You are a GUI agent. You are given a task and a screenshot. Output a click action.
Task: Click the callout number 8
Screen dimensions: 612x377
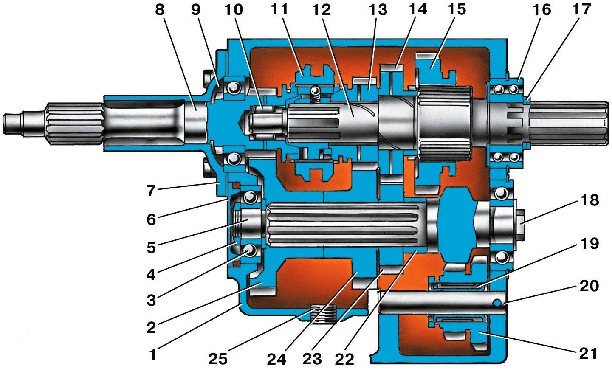[160, 10]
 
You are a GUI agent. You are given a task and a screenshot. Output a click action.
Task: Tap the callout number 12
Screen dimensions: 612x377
[322, 10]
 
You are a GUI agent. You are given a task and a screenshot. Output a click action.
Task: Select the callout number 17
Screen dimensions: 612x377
[582, 10]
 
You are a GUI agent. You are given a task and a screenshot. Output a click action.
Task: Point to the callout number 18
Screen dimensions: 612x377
[589, 200]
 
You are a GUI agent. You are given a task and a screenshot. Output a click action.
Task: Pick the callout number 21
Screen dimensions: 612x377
[589, 354]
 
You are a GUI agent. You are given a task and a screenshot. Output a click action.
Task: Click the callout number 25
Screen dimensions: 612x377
[218, 359]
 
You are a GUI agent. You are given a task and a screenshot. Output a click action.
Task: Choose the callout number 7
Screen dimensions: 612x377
[151, 191]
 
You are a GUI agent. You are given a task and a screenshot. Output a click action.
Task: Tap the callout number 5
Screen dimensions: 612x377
[151, 248]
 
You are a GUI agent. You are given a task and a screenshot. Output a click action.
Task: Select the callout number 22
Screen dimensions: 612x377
[344, 359]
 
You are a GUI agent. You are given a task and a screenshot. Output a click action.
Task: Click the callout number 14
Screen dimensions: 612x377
[418, 10]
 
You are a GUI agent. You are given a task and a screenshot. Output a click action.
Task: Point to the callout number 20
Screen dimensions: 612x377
[589, 286]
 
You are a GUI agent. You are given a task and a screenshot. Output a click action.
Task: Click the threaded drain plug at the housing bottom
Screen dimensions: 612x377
[323, 314]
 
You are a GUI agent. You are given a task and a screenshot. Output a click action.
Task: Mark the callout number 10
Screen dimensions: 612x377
[234, 10]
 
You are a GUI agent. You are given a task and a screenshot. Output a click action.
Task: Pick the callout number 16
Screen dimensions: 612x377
[542, 10]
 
